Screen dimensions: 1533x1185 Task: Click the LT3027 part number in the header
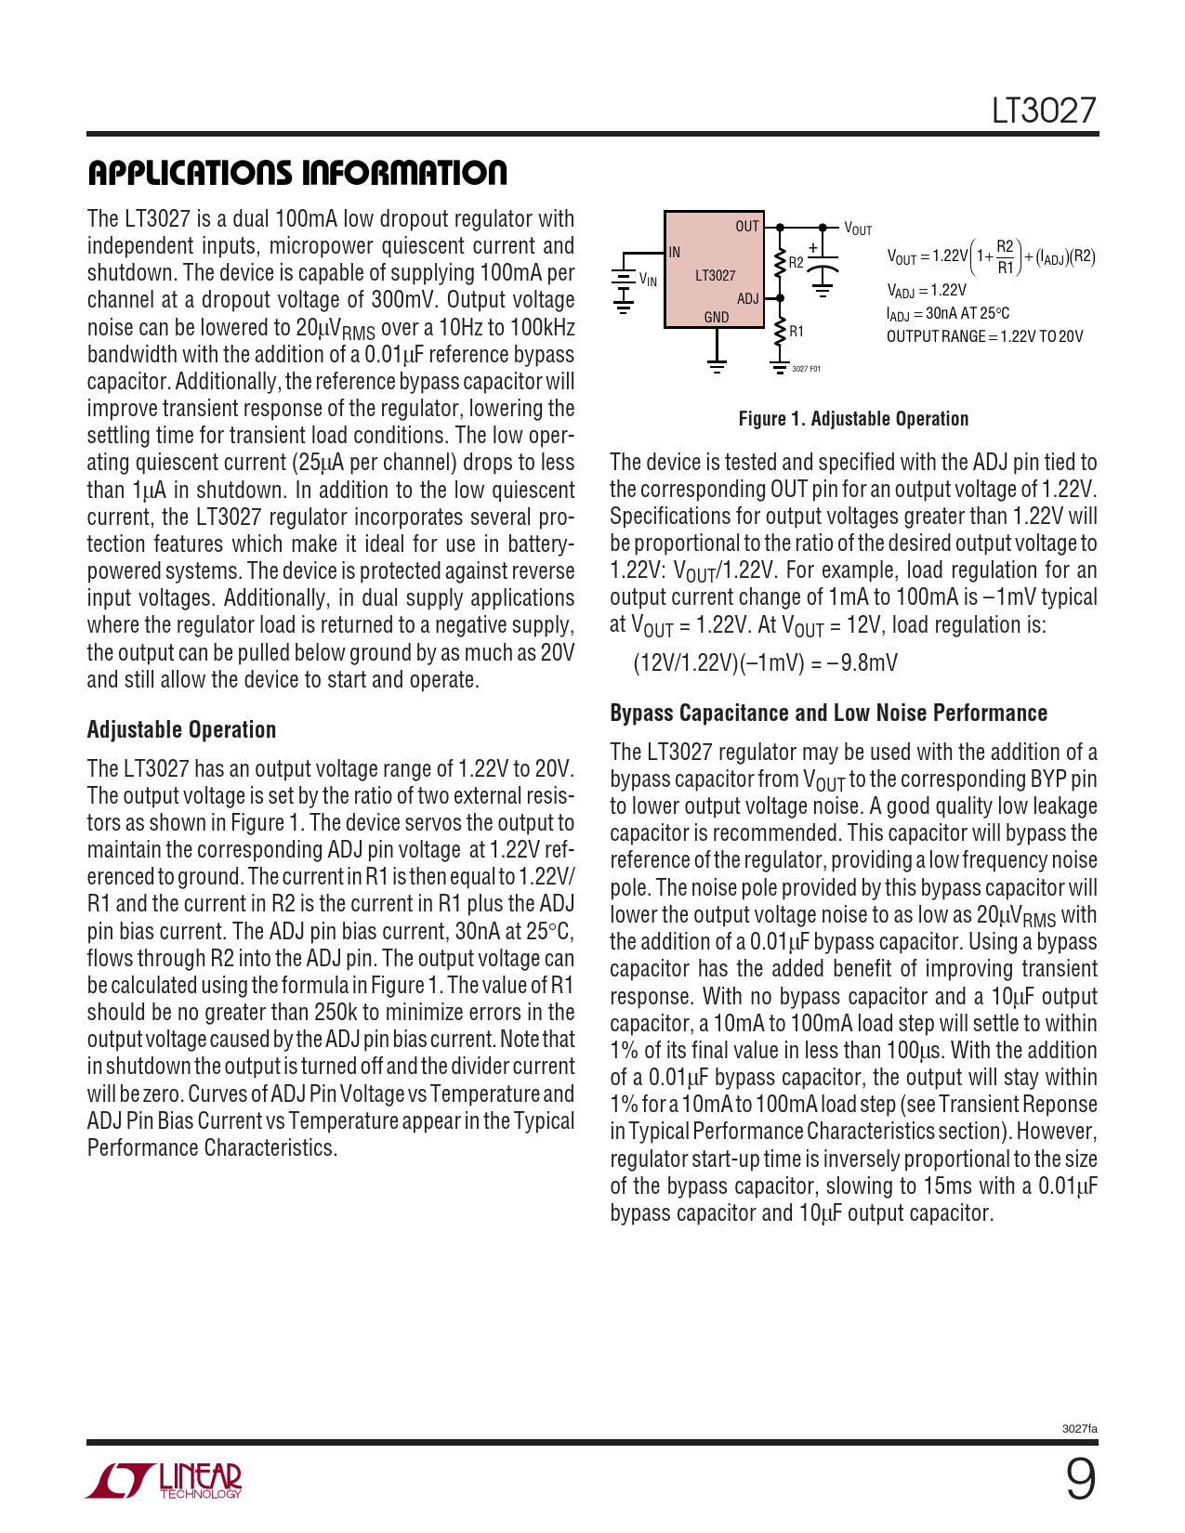(1044, 111)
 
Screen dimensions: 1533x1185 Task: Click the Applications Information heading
(297, 173)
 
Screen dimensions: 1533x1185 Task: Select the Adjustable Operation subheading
(181, 729)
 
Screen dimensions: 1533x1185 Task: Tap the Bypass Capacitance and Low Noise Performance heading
(828, 713)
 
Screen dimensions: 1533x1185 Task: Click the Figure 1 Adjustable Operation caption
(853, 419)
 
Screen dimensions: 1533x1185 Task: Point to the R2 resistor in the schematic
(781, 263)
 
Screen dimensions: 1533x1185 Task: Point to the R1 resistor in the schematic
(781, 332)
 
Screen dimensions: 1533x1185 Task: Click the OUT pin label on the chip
(747, 227)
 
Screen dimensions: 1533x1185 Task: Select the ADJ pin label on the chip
(747, 298)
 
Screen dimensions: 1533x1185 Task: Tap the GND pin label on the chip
(717, 317)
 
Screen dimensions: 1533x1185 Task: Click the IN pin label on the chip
(675, 252)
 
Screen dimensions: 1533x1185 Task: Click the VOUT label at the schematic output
(858, 229)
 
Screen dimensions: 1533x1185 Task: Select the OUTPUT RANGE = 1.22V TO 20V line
(984, 336)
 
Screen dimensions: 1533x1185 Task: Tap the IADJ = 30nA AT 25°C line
(947, 314)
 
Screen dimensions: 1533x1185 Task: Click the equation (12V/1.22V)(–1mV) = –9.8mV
(765, 662)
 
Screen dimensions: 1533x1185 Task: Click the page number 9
(1079, 1479)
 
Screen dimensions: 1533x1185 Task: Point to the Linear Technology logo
(165, 1481)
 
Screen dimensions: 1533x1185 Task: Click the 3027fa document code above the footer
(1079, 1429)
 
